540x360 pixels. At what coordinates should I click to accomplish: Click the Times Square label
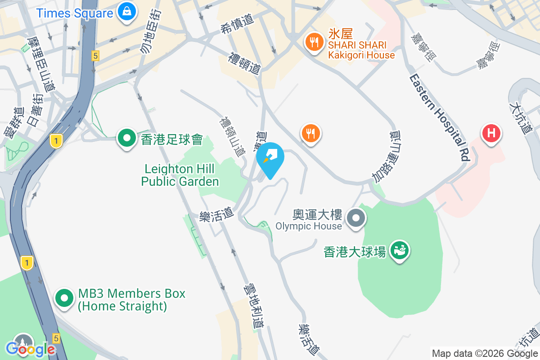point(75,13)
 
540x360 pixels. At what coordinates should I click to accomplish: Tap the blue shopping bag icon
point(127,12)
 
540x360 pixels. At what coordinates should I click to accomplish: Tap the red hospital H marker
point(491,134)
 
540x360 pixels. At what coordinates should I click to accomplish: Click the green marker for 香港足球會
point(127,138)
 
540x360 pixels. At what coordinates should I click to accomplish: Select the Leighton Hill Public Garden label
point(180,175)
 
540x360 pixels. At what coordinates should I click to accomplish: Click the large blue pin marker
point(270,158)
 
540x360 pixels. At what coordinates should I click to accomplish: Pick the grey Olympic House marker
point(356,218)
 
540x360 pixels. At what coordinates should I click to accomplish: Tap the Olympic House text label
point(309,226)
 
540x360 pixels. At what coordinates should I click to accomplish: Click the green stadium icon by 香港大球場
point(399,250)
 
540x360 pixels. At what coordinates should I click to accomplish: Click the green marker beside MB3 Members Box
point(64,297)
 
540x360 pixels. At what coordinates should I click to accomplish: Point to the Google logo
point(31,349)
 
